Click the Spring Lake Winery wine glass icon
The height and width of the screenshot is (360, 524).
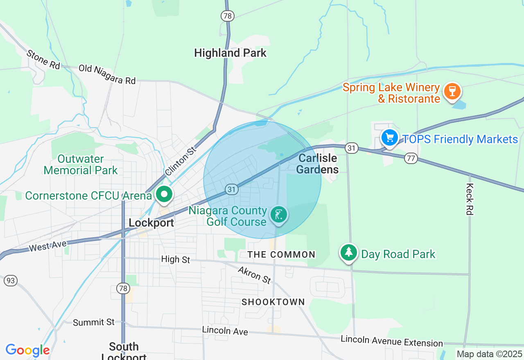(452, 90)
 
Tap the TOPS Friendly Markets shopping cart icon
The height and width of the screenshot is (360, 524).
(390, 137)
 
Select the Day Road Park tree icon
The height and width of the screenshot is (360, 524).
(348, 252)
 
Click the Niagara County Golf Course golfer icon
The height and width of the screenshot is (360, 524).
(278, 214)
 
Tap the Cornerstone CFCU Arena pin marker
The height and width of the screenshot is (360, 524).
(164, 195)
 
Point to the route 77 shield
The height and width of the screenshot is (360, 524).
(411, 158)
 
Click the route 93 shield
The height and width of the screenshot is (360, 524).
(11, 281)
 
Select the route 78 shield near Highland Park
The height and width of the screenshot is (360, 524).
(227, 16)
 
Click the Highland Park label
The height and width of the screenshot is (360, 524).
(230, 53)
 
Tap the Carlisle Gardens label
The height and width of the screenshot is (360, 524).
(318, 164)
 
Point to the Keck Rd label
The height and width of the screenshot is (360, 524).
(470, 199)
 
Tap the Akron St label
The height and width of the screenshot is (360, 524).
(254, 274)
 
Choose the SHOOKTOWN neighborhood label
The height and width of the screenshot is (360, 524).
(273, 302)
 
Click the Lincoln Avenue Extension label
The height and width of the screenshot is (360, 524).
(392, 341)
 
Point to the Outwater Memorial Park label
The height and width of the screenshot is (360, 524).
(81, 164)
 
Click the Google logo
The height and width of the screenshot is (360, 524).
(27, 350)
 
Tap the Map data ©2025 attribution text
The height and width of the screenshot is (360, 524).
(489, 354)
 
